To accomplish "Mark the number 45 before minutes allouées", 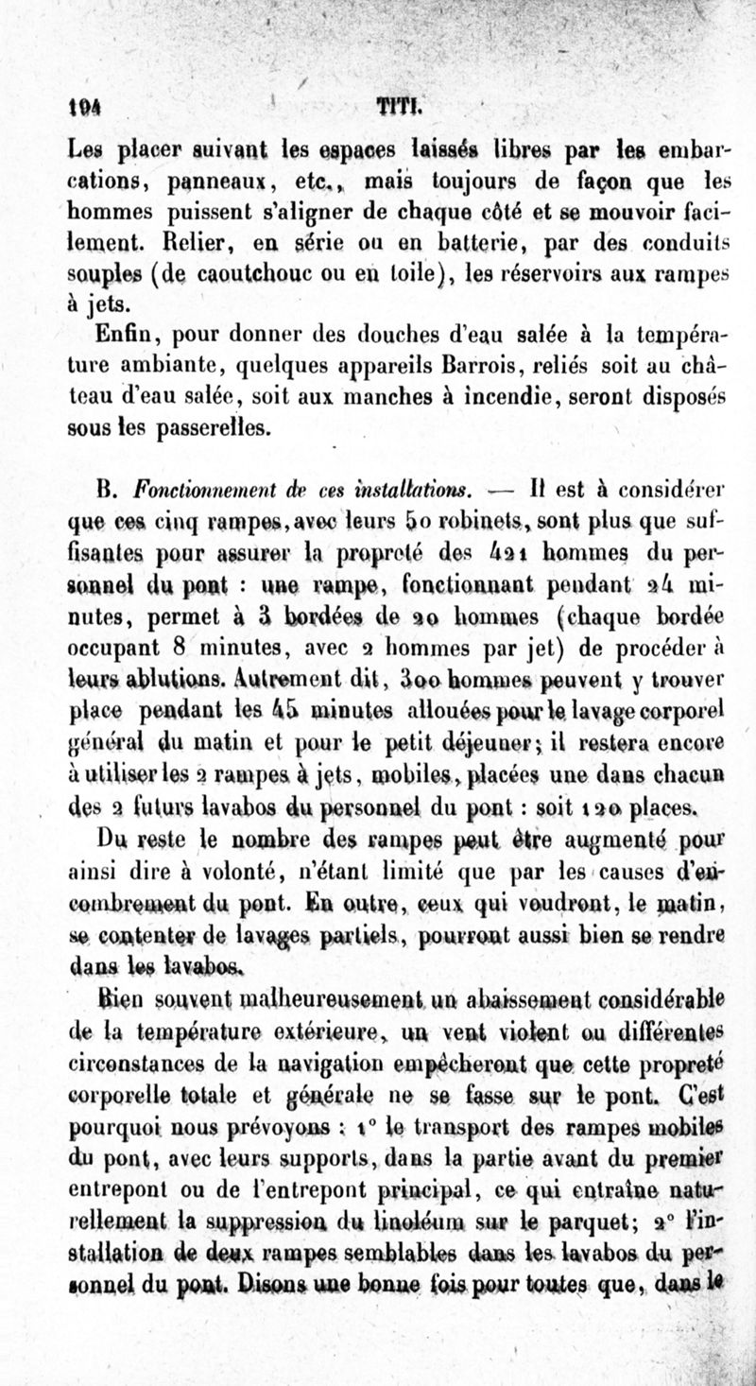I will pyautogui.click(x=398, y=705).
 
